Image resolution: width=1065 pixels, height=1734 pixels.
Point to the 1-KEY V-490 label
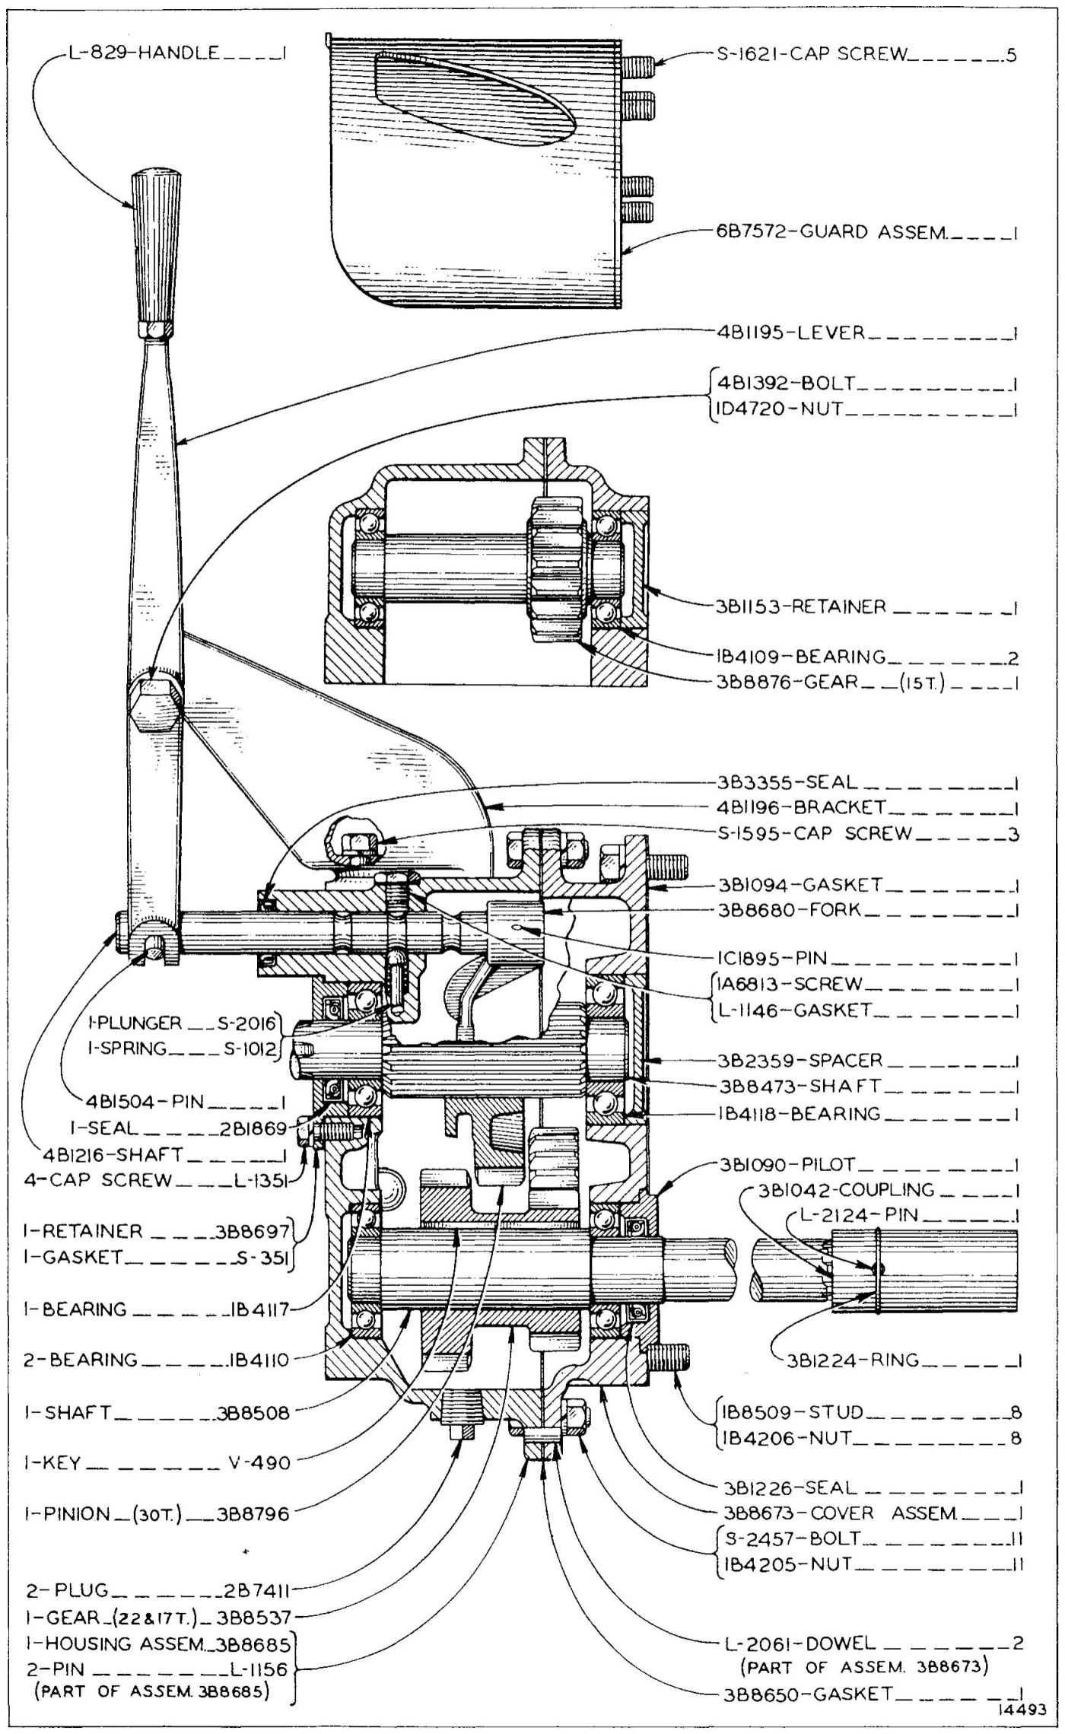click(x=157, y=1463)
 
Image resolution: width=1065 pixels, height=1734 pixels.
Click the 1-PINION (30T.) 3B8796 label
click(x=157, y=1514)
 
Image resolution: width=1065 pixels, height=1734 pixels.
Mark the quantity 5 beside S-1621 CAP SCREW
click(x=1011, y=55)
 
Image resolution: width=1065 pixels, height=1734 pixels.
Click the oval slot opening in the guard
click(x=475, y=100)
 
